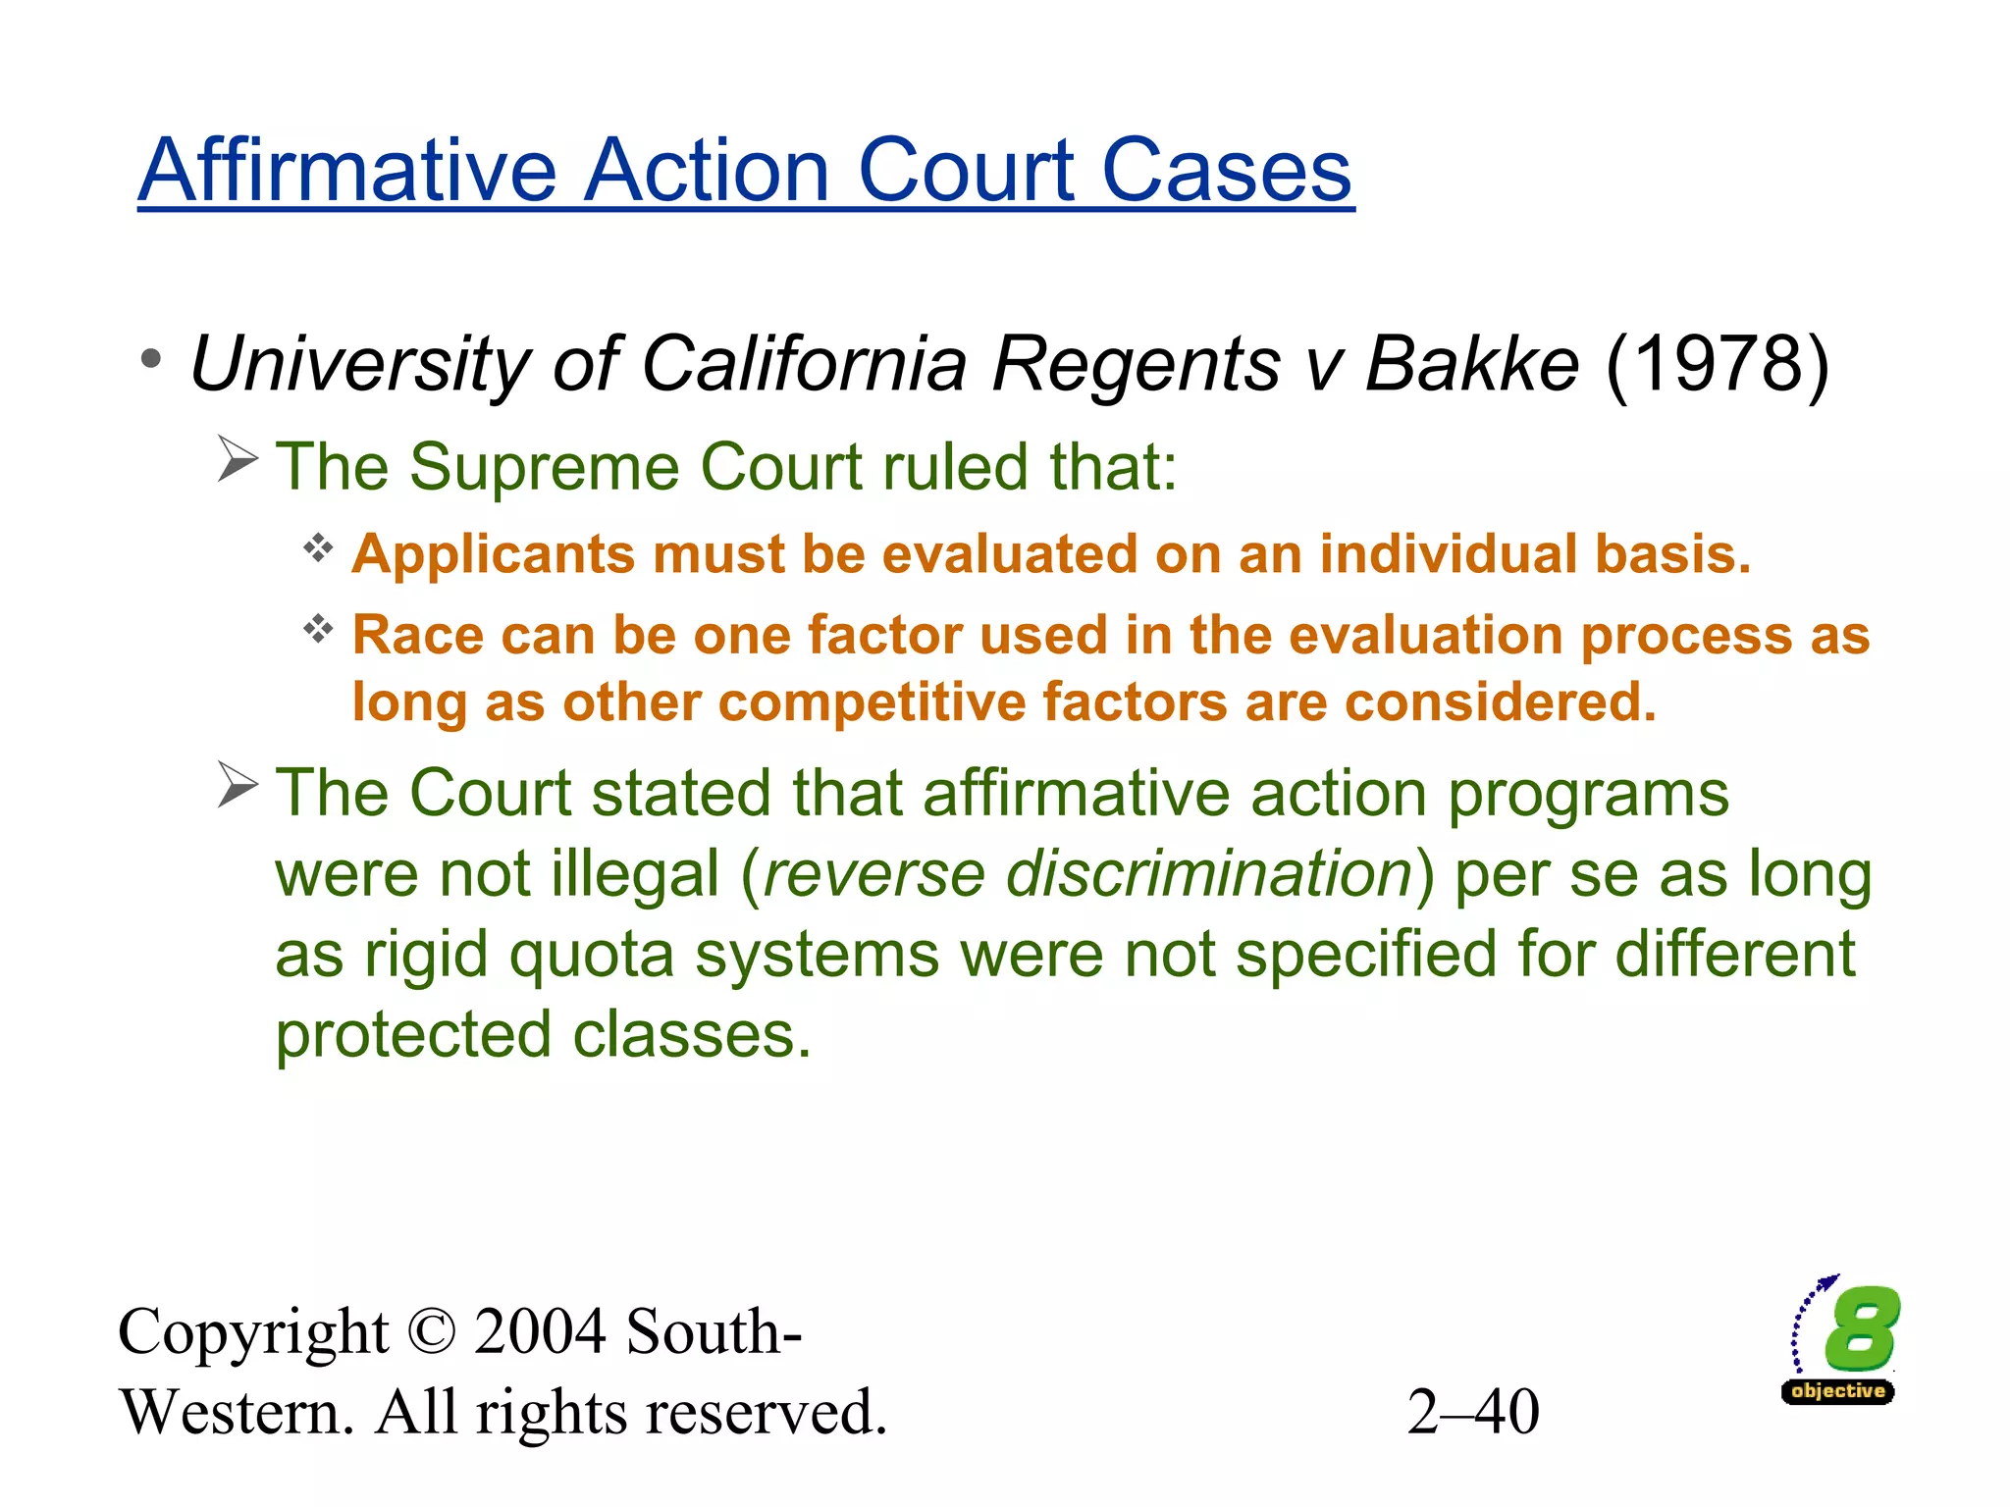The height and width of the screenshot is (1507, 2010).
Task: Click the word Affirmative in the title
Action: [x=348, y=172]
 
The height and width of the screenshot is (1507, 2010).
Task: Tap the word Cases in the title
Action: [x=1227, y=172]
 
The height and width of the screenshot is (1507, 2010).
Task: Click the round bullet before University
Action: [x=150, y=359]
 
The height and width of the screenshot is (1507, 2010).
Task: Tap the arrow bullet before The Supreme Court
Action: [x=238, y=459]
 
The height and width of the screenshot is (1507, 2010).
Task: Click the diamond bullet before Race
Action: [x=318, y=628]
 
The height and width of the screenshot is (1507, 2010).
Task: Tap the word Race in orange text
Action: [x=417, y=635]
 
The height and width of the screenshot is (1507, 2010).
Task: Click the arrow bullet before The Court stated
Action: [x=238, y=785]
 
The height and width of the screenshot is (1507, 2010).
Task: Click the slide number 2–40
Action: [x=1472, y=1413]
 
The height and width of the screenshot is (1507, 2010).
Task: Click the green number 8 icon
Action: [x=1860, y=1329]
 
